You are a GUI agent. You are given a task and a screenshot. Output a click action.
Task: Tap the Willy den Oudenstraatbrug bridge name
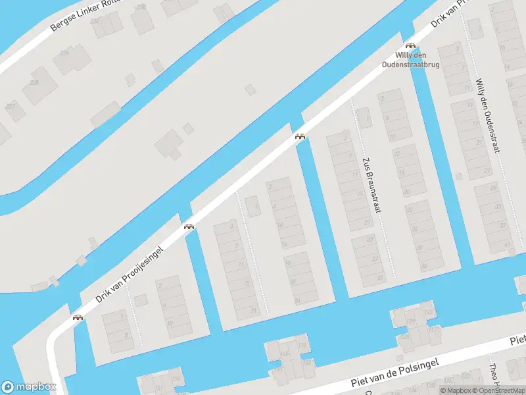[412, 60]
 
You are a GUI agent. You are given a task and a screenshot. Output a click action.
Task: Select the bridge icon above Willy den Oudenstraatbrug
[411, 46]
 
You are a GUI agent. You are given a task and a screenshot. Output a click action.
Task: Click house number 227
[11, 105]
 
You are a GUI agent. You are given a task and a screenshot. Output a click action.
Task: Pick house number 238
[141, 7]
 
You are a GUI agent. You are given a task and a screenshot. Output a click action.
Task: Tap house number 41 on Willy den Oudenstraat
[507, 245]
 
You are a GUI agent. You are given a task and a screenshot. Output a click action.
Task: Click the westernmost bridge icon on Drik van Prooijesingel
[78, 317]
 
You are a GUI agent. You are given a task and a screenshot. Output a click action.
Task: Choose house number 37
[503, 226]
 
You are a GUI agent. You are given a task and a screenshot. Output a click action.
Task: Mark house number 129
[410, 321]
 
